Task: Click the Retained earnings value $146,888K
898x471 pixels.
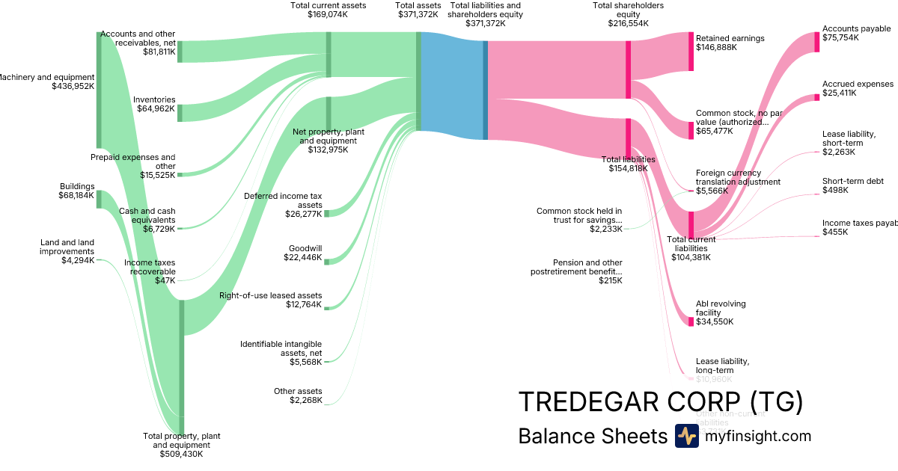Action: (716, 47)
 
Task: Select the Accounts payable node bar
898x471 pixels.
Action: (817, 42)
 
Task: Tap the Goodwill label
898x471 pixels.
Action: (307, 249)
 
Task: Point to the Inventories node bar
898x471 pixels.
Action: (180, 113)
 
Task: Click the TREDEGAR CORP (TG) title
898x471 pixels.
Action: (661, 401)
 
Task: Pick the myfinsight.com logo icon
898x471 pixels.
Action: (686, 436)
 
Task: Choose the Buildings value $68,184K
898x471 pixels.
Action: (76, 196)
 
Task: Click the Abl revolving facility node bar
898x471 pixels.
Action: (691, 321)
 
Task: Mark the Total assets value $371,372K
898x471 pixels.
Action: (418, 14)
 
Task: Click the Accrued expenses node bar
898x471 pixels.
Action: (817, 97)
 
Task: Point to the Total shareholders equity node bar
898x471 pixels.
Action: (629, 70)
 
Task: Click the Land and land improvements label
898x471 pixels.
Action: (67, 247)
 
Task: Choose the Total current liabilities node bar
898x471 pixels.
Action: (691, 224)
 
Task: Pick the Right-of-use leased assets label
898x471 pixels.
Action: (270, 295)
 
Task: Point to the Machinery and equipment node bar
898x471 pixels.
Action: (99, 90)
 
